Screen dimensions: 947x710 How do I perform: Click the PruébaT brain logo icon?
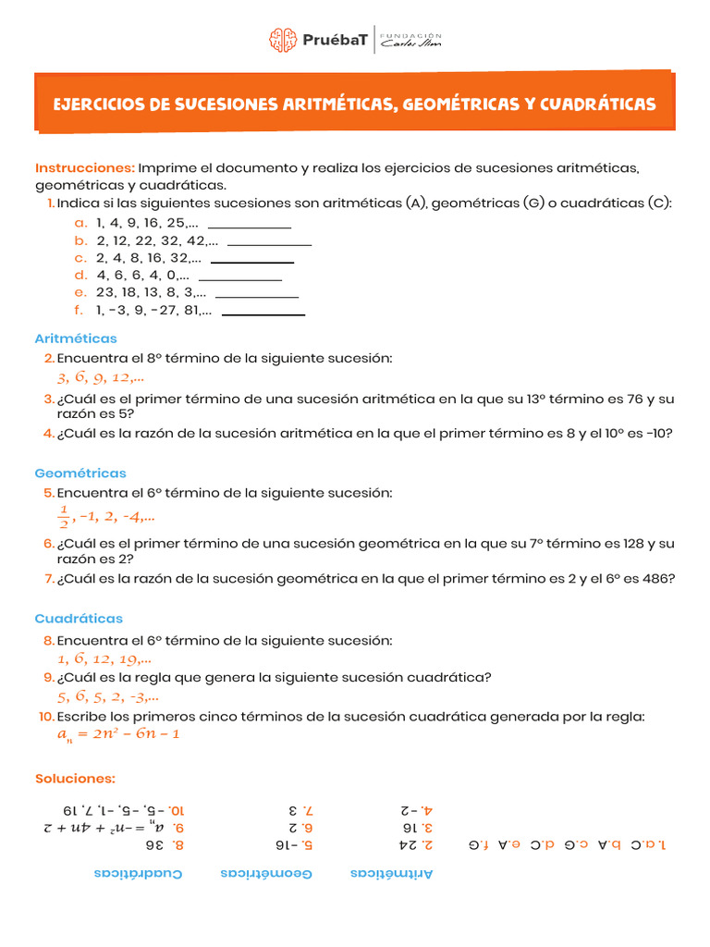pyautogui.click(x=283, y=40)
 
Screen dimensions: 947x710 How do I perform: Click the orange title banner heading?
pyautogui.click(x=354, y=104)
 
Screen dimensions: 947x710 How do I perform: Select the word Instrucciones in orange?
pyautogui.click(x=85, y=167)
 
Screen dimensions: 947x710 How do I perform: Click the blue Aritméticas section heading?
pyautogui.click(x=76, y=338)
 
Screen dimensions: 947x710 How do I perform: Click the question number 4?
pyautogui.click(x=48, y=432)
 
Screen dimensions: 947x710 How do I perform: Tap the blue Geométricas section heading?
pyautogui.click(x=80, y=473)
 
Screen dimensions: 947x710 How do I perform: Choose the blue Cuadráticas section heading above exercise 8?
pyautogui.click(x=79, y=619)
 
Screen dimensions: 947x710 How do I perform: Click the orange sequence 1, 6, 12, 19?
pyautogui.click(x=104, y=659)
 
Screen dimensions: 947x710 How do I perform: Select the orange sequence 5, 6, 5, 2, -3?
pyautogui.click(x=107, y=697)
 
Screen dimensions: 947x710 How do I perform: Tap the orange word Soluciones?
pyautogui.click(x=75, y=779)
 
